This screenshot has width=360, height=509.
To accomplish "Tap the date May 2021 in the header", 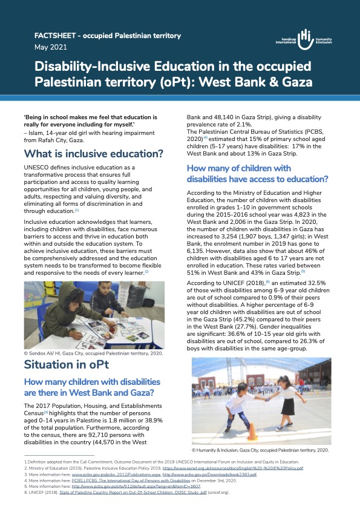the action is [48, 47].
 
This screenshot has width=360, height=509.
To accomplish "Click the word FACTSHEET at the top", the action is [58, 36].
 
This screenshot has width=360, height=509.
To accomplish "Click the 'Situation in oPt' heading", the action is [67, 364].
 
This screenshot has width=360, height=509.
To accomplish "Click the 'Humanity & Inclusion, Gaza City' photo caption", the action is [260, 450].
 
